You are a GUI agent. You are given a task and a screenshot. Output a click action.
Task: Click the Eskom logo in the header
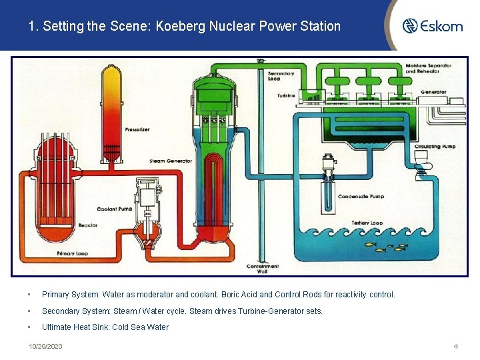[x=432, y=26]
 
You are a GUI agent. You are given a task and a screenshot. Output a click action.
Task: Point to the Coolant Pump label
[x=116, y=209]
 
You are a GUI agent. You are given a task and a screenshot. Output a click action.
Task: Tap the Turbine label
[x=286, y=96]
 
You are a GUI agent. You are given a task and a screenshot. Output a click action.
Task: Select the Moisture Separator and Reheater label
[x=429, y=69]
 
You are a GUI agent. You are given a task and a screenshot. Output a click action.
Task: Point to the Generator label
[x=433, y=92]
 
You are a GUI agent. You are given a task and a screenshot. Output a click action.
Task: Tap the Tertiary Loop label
[x=367, y=223]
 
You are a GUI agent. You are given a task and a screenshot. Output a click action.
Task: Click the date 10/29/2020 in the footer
[x=45, y=347]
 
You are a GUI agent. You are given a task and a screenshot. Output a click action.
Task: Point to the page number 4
[x=455, y=347]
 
